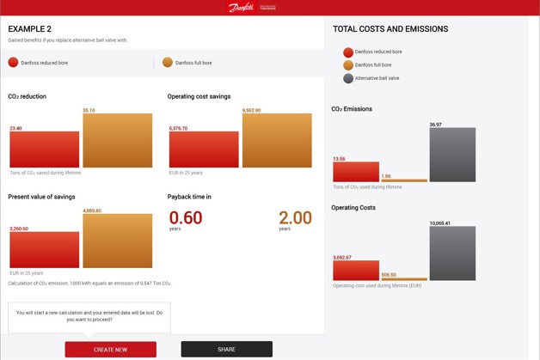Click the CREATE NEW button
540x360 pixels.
pyautogui.click(x=110, y=349)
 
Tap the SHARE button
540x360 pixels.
pyautogui.click(x=226, y=349)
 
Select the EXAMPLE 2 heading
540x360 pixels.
pyautogui.click(x=30, y=28)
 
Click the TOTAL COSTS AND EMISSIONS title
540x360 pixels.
pyautogui.click(x=390, y=28)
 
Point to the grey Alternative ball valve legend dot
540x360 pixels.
pyautogui.click(x=348, y=78)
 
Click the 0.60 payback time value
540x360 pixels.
pyautogui.click(x=186, y=218)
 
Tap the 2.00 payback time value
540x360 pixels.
pyautogui.click(x=295, y=218)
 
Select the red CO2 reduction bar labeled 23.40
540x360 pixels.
pyautogui.click(x=44, y=149)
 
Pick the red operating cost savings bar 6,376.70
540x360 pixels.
pyautogui.click(x=204, y=149)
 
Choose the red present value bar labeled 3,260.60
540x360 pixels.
pyautogui.click(x=44, y=249)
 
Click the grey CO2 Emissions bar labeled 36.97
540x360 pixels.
pyautogui.click(x=452, y=155)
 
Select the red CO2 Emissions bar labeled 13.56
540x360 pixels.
pyautogui.click(x=356, y=171)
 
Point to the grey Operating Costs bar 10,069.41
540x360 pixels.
pyautogui.click(x=452, y=253)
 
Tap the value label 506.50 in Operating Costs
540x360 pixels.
pyautogui.click(x=389, y=275)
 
